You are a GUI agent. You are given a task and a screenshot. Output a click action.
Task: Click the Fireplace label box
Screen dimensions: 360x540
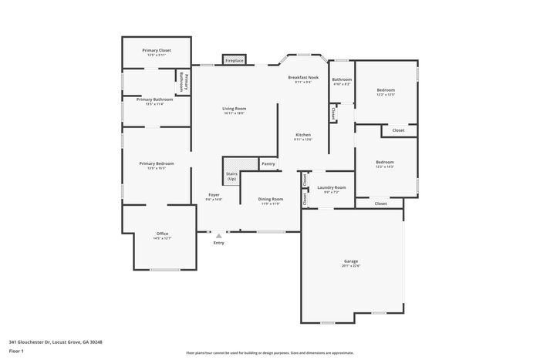click(x=235, y=60)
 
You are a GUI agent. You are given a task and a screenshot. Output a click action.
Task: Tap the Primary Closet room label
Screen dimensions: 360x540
click(x=157, y=50)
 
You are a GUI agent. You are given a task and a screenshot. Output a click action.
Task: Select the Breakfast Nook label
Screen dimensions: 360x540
click(x=303, y=77)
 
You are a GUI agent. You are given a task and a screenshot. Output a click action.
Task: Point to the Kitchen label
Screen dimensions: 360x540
click(x=302, y=135)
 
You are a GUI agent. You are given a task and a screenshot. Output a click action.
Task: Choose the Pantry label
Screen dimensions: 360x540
click(x=268, y=163)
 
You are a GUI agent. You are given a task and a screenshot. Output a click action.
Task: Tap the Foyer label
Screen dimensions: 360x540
click(x=214, y=195)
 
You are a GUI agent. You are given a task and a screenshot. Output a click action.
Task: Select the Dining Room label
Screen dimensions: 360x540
click(x=271, y=199)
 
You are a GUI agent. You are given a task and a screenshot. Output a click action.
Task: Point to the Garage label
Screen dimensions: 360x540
click(x=351, y=261)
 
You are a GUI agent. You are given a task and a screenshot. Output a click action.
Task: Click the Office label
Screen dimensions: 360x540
click(x=163, y=234)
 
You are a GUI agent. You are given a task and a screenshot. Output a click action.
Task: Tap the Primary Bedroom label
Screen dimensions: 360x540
click(x=156, y=163)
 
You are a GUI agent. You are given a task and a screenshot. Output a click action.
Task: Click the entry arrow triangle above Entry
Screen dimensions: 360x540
click(x=218, y=235)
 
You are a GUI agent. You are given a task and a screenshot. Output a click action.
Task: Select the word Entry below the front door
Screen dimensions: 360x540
click(x=218, y=243)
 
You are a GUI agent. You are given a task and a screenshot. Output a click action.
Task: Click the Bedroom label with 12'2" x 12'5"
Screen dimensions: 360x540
click(x=386, y=90)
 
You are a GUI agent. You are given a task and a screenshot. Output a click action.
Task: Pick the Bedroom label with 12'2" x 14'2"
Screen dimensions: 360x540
click(x=384, y=162)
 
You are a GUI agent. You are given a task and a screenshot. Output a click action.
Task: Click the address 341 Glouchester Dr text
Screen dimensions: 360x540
click(x=56, y=341)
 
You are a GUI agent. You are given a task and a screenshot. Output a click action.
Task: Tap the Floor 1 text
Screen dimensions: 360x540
click(x=16, y=351)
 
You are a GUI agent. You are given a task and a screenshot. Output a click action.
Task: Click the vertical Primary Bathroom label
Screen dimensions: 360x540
click(x=183, y=81)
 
